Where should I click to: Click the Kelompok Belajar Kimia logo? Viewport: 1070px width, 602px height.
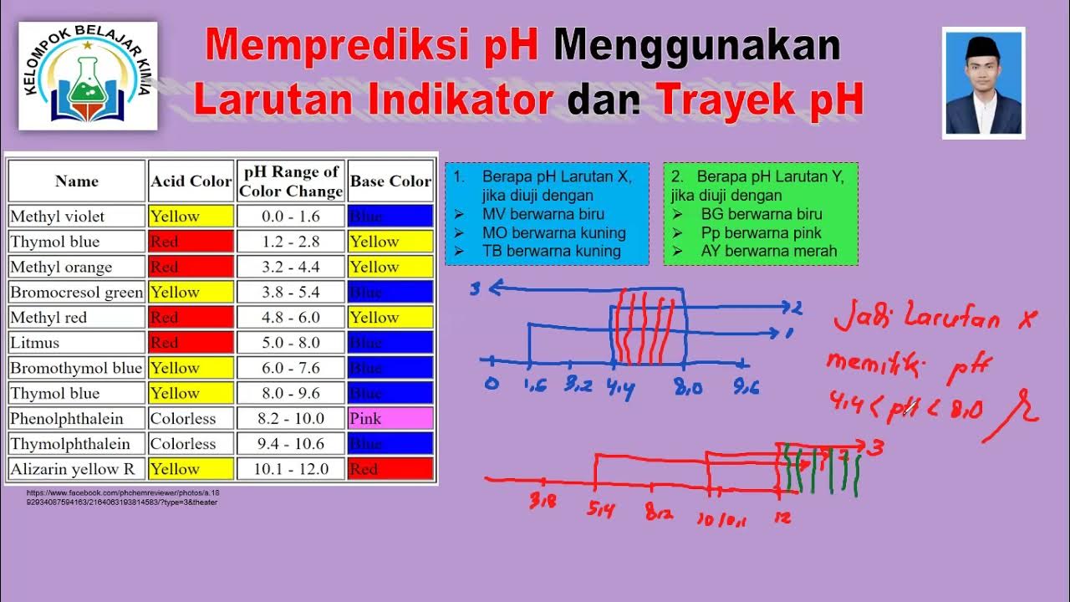coord(88,76)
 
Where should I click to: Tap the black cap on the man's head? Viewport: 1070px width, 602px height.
coord(982,48)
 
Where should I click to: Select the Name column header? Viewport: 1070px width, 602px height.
coord(77,181)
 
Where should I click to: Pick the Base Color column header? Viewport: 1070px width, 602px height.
coord(390,181)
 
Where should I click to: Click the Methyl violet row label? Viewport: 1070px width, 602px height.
coord(58,217)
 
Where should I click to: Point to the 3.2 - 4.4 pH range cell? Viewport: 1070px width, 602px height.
coord(290,267)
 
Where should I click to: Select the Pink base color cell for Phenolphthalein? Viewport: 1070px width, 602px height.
coord(390,418)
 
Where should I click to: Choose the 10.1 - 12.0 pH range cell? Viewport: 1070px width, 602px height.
coord(290,469)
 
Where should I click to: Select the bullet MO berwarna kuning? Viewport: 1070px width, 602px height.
coord(553,232)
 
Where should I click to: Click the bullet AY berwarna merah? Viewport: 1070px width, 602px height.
coord(768,251)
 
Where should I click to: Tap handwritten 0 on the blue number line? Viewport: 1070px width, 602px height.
coord(492,384)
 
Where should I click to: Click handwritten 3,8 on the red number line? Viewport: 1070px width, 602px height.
coord(543,502)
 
